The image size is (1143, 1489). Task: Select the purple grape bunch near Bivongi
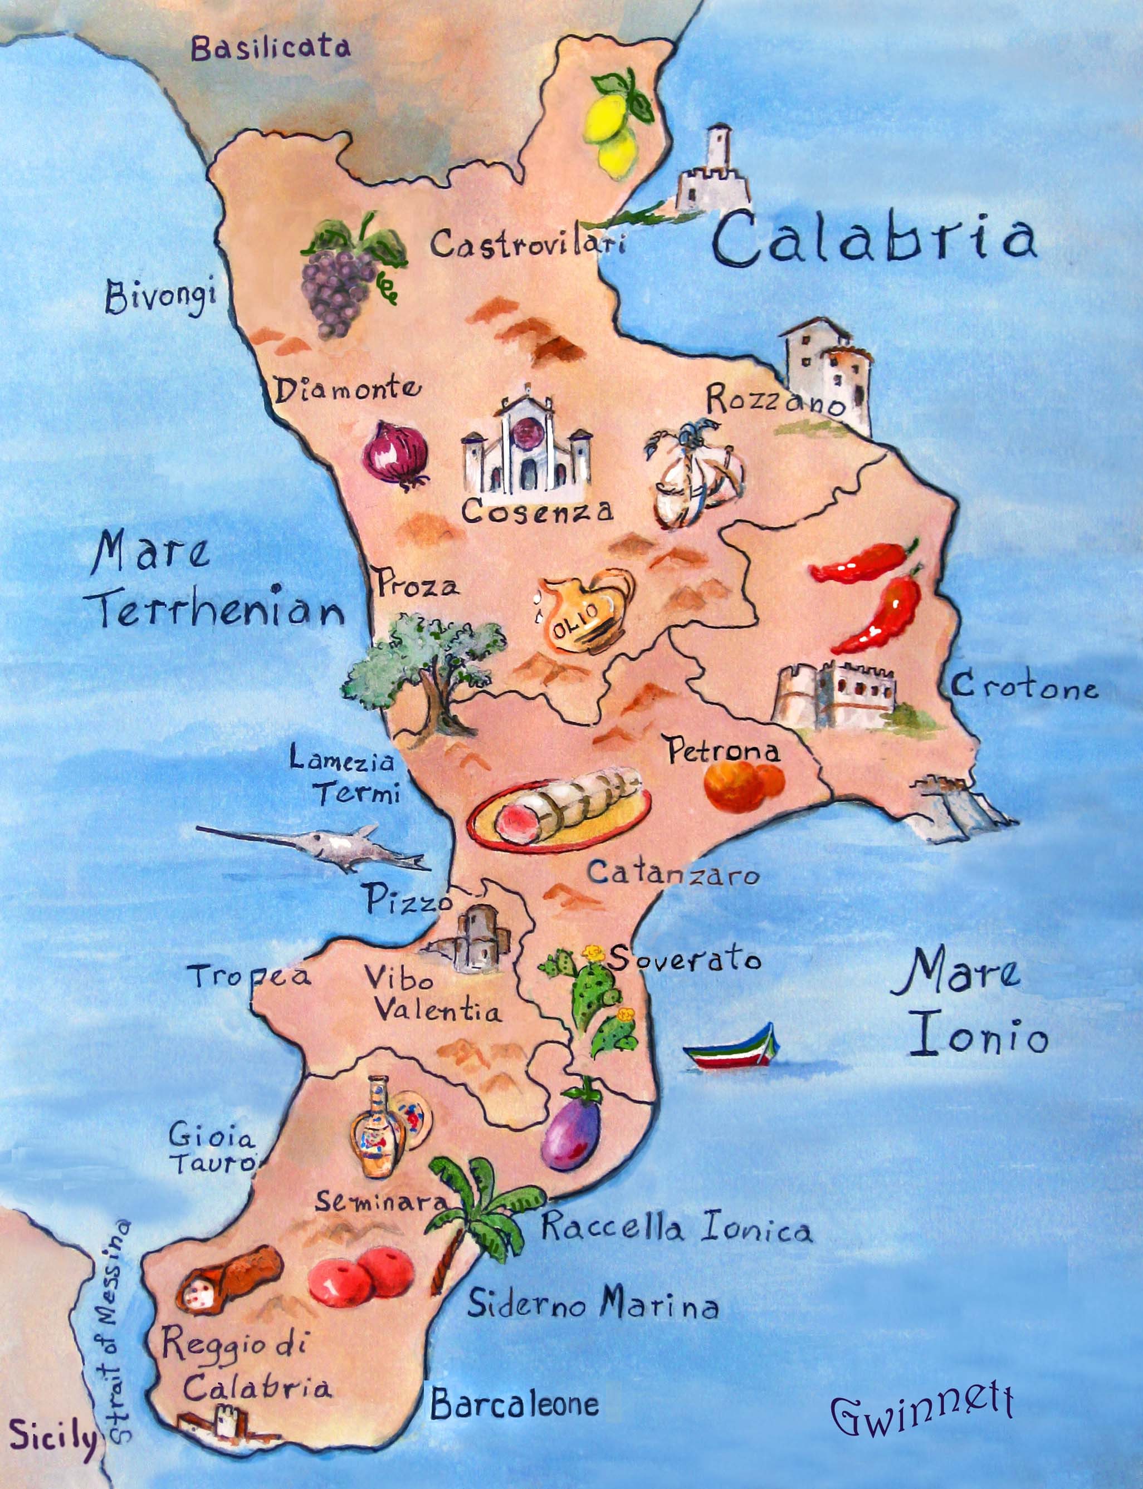[340, 279]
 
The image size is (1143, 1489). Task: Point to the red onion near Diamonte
[394, 452]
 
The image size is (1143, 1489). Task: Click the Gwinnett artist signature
[922, 1409]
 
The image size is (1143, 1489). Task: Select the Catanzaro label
[673, 873]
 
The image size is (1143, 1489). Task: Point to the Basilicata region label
[270, 48]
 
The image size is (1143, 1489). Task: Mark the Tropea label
[250, 977]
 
